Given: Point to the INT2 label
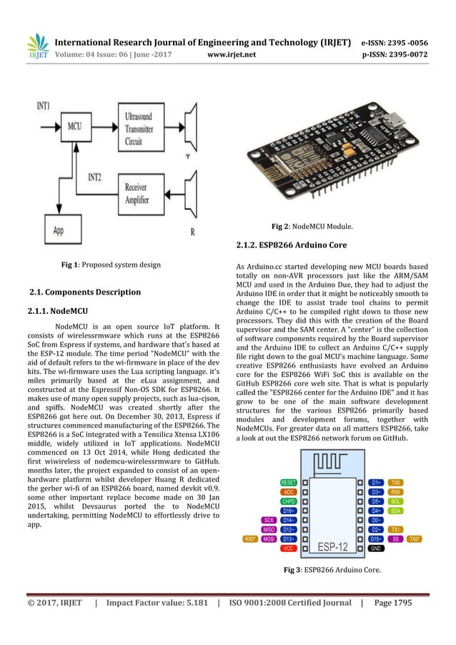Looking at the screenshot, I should (x=98, y=175).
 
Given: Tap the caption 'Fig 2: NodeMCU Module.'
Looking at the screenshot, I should (x=316, y=227).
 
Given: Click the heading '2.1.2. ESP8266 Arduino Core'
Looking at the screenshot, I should (x=292, y=245).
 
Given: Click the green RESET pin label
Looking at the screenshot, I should (x=289, y=463).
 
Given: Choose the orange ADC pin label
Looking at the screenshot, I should (x=289, y=472).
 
